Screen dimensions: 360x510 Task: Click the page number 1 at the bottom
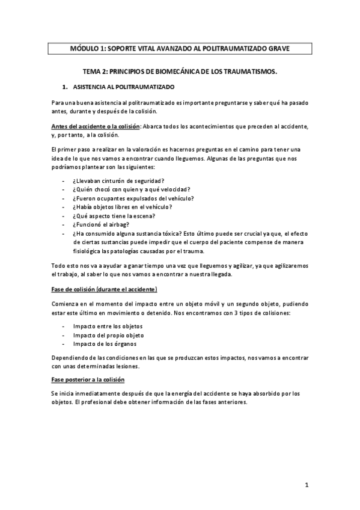point(306,484)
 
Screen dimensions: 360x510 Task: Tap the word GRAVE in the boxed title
point(276,49)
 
